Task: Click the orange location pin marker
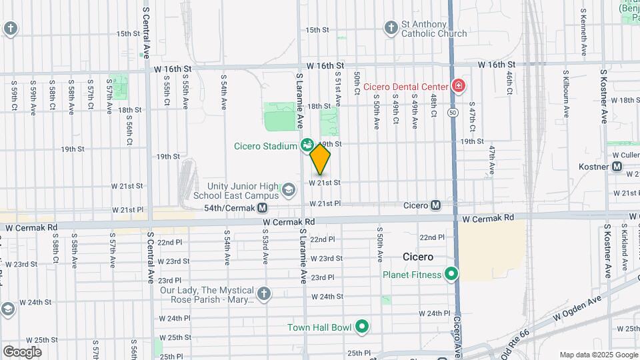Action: [320, 159]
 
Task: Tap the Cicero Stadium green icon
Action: [307, 144]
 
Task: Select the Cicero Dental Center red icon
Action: [458, 86]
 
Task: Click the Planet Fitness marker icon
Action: [451, 274]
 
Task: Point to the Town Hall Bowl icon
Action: [362, 326]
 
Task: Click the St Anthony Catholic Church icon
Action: [391, 28]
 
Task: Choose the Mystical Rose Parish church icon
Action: [264, 294]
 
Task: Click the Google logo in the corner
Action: [22, 351]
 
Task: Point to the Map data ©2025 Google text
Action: [598, 355]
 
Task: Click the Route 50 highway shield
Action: [453, 113]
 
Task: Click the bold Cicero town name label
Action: [419, 257]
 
